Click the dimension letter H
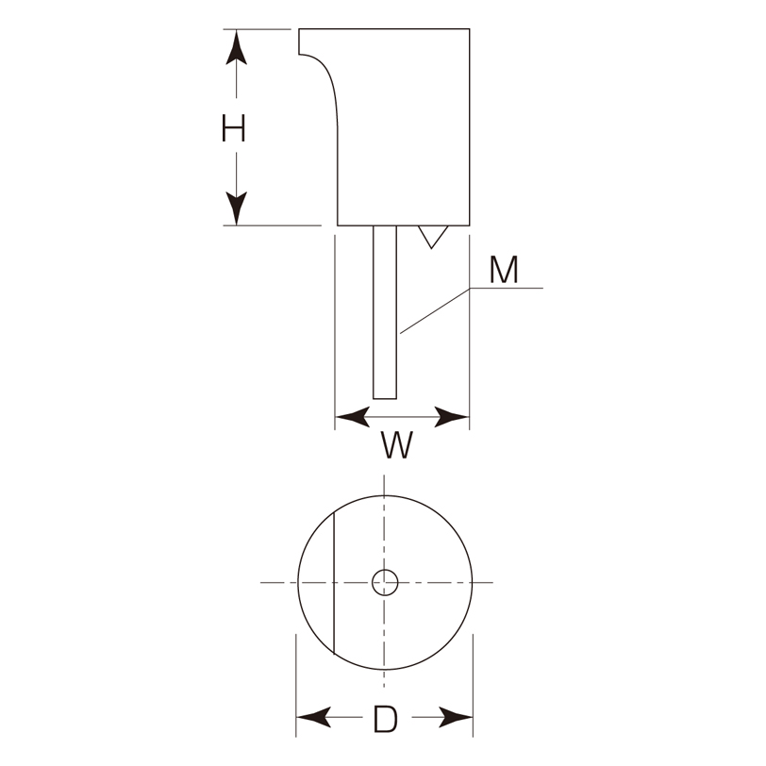[x=234, y=128]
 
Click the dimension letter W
[x=396, y=444]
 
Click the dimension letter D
[x=386, y=719]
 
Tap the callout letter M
[x=504, y=270]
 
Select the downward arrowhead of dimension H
[x=237, y=208]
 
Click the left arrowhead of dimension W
[x=353, y=417]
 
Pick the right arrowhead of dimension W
[x=452, y=417]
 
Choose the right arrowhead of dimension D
[x=456, y=717]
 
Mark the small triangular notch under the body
[x=433, y=237]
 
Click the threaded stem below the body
[x=385, y=312]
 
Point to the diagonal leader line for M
[x=435, y=310]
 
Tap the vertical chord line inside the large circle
[x=334, y=583]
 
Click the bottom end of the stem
[x=385, y=399]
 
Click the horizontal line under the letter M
[x=506, y=288]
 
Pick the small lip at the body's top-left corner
[x=299, y=42]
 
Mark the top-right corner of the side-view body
[x=470, y=29]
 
